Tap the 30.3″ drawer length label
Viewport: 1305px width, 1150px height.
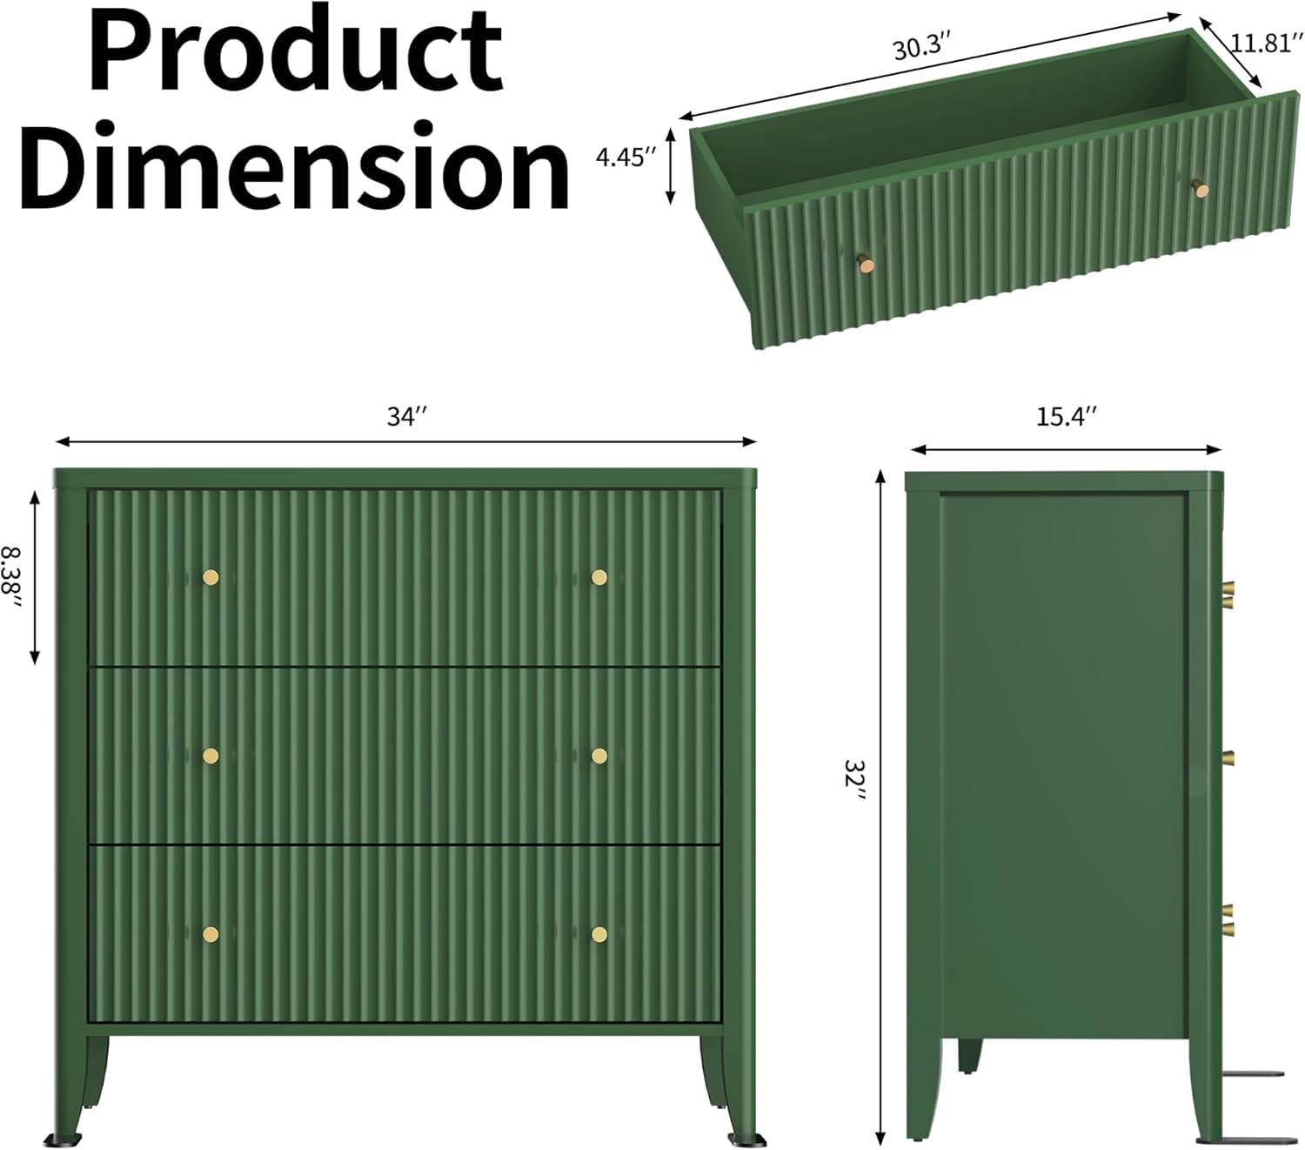(x=921, y=47)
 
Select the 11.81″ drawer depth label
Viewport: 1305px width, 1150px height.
(x=1261, y=44)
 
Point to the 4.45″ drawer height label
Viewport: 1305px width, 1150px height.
(x=626, y=158)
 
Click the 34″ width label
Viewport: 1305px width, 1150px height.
(x=406, y=416)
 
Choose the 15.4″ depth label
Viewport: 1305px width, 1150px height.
(x=1066, y=416)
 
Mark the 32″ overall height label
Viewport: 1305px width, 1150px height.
(x=855, y=778)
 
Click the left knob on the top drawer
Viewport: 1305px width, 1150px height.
(x=211, y=577)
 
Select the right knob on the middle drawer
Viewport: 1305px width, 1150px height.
(x=599, y=756)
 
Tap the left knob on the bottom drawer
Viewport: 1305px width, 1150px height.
(x=211, y=934)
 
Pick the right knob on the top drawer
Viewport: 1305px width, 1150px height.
(x=599, y=577)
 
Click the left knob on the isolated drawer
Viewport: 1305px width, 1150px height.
(x=866, y=264)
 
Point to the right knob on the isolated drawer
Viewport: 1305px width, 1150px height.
(x=1201, y=189)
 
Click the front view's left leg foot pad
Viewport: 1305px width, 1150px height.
(x=64, y=1139)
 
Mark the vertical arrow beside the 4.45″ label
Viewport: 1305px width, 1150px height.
(x=671, y=165)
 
